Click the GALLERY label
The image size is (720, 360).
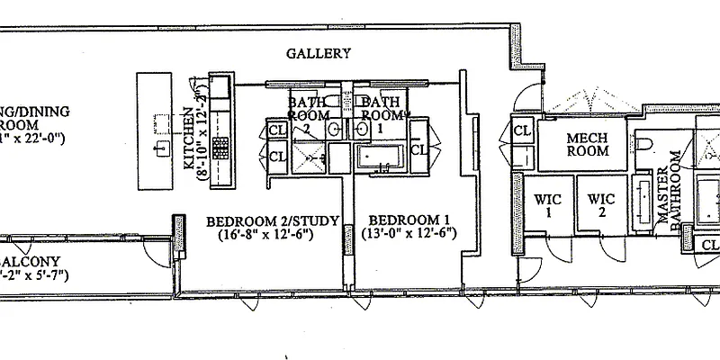(x=319, y=54)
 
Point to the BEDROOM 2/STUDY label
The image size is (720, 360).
(x=265, y=220)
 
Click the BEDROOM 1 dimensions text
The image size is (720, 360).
(x=409, y=235)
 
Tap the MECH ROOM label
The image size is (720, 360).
(x=587, y=144)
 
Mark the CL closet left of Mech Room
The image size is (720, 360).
(x=522, y=131)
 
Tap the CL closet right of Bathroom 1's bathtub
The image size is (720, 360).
(x=418, y=148)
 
